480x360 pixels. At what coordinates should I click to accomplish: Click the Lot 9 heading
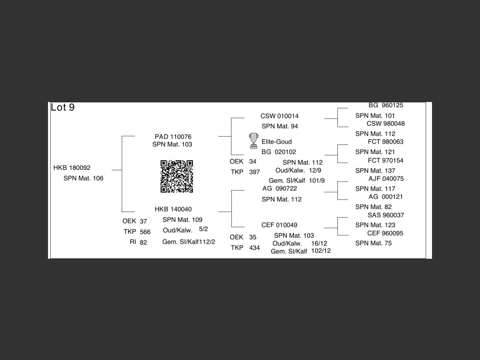63,108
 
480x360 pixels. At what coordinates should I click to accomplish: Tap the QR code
177,176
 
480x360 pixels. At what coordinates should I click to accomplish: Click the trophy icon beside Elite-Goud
253,141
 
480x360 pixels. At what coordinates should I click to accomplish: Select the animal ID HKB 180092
72,168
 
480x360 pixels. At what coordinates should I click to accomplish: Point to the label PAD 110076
173,136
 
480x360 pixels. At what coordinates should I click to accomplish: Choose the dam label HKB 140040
173,209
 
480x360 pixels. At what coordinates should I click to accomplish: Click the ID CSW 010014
279,116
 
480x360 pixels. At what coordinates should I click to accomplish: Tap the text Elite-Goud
276,142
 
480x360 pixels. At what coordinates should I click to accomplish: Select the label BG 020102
279,152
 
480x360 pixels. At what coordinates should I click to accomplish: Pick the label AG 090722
279,189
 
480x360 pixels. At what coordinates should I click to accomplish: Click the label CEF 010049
279,225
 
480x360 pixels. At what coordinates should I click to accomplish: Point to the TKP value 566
145,232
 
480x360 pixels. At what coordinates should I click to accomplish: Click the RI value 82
143,243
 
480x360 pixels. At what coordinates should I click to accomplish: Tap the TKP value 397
254,172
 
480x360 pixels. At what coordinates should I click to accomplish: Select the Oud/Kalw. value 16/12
319,243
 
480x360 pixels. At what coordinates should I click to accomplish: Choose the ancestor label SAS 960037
385,215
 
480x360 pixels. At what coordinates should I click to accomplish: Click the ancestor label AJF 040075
386,178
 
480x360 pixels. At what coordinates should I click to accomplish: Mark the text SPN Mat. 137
375,171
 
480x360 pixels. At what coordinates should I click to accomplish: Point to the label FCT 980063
385,142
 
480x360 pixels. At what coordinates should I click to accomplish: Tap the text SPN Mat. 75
373,243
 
